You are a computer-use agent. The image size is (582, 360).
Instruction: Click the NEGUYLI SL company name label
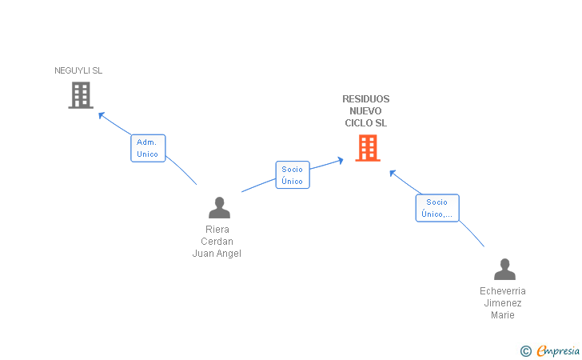click(78, 70)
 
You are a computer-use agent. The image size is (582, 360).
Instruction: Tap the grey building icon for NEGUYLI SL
click(81, 95)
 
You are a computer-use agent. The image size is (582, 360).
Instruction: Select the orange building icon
click(368, 148)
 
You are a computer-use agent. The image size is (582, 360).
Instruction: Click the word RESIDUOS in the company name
click(365, 99)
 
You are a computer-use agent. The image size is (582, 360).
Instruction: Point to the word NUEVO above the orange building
click(365, 110)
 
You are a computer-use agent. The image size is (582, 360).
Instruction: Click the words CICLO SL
click(365, 123)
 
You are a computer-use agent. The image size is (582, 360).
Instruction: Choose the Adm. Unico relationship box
click(148, 148)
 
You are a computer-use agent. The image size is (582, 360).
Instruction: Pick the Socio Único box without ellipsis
click(293, 175)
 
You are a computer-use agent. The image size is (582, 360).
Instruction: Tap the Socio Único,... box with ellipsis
click(437, 208)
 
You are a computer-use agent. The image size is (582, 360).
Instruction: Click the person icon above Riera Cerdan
click(219, 208)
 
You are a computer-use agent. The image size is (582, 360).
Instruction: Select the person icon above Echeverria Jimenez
click(504, 270)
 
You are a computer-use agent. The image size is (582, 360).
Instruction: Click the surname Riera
click(217, 230)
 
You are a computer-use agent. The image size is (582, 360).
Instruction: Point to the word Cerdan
click(217, 242)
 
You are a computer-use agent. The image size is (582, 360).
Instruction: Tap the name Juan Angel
click(217, 254)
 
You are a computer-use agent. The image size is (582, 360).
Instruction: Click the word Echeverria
click(503, 291)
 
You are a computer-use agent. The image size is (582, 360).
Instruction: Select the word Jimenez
click(503, 303)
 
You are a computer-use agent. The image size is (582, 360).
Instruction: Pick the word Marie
click(503, 315)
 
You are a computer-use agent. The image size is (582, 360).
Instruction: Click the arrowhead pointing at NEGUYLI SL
click(101, 115)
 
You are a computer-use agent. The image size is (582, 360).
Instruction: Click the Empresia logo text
click(558, 350)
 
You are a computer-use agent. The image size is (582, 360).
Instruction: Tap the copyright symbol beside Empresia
click(525, 351)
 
